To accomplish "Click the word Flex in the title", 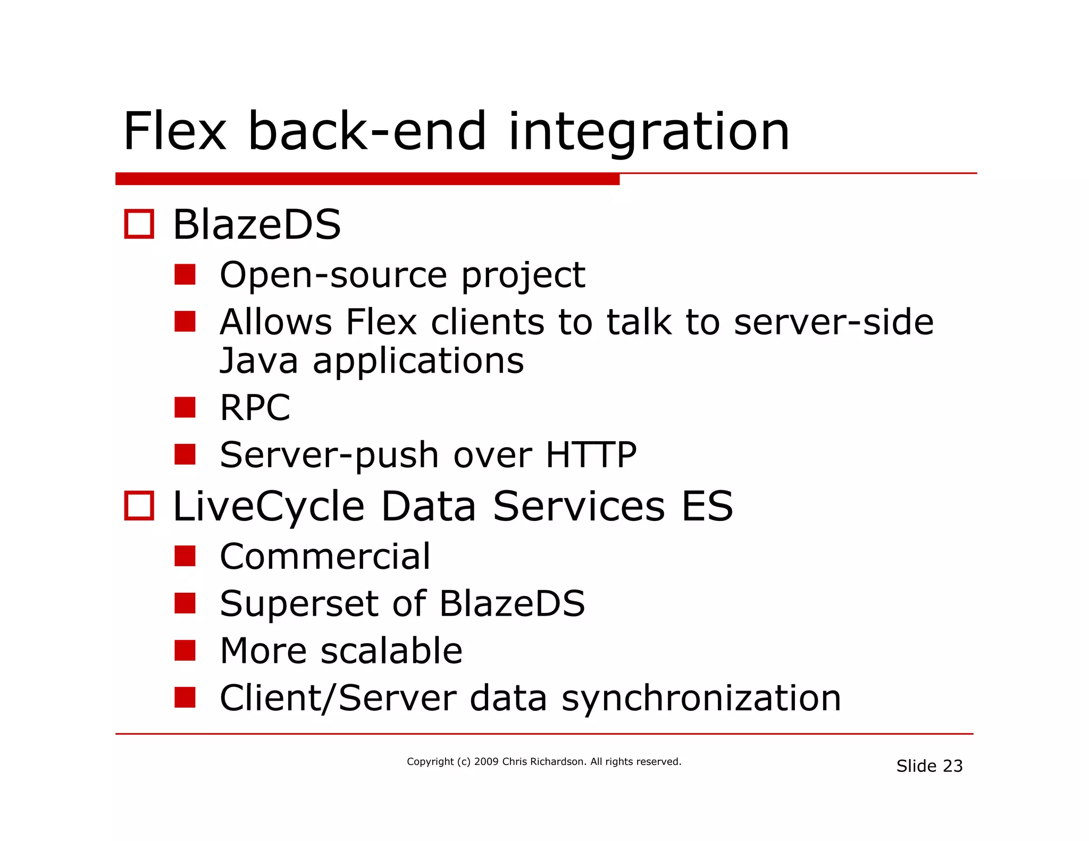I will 175,131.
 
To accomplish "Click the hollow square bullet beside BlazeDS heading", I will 139,224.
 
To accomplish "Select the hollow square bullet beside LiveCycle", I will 139,506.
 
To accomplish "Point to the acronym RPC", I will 255,408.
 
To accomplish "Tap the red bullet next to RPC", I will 185,407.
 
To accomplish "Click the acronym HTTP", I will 591,455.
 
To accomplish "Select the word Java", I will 259,361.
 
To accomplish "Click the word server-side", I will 833,322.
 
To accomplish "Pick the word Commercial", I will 325,557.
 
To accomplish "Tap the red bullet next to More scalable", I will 185,650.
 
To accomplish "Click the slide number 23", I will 952,766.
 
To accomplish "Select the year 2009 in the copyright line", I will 486,762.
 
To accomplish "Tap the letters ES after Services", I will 707,506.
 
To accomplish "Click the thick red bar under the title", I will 367,179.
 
